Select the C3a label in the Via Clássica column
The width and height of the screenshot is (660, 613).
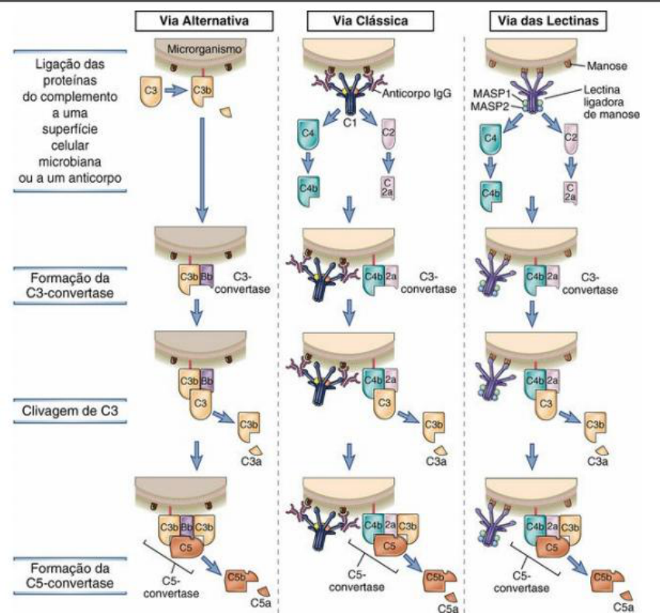pyautogui.click(x=441, y=462)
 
